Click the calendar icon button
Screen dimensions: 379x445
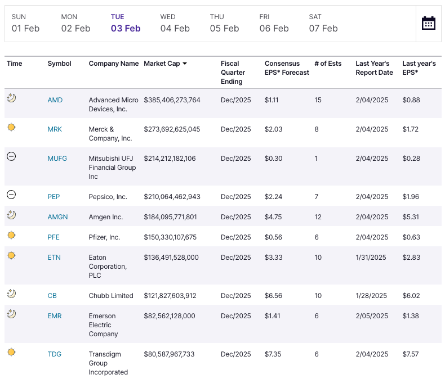coord(428,23)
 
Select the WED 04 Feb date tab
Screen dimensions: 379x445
coord(175,23)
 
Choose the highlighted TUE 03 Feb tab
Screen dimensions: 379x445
coord(125,23)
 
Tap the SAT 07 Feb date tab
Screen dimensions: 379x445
coord(323,23)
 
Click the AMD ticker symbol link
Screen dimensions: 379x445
coord(55,100)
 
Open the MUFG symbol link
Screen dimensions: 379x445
coord(57,159)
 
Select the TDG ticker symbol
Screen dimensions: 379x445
coord(55,354)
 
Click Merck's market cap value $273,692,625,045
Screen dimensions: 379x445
coord(172,129)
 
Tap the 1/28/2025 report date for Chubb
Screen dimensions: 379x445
coord(372,296)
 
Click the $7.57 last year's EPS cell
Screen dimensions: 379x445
coord(411,354)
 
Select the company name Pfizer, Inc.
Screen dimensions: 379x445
coord(104,237)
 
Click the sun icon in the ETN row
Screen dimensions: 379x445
coord(11,256)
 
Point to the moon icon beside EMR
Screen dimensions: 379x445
coord(11,314)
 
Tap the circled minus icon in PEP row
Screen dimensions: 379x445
coord(11,195)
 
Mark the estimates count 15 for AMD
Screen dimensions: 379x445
coord(318,100)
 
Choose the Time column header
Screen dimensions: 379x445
coord(15,64)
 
